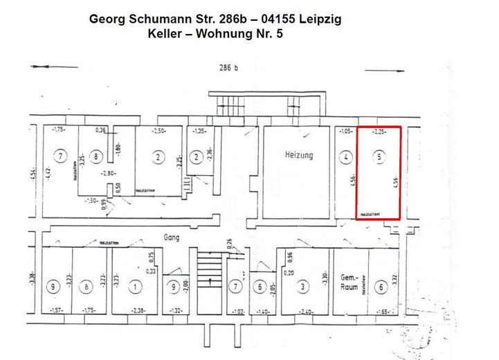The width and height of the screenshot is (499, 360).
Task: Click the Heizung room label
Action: [298, 154]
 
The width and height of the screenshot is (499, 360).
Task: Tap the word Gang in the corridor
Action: [172, 237]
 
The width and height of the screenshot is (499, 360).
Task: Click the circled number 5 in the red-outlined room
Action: [378, 157]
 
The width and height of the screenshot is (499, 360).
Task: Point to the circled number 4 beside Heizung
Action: [345, 158]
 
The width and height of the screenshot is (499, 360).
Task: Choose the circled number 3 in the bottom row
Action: [303, 285]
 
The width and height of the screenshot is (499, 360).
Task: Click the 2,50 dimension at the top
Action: [159, 132]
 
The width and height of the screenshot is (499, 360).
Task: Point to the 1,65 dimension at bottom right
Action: [383, 312]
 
